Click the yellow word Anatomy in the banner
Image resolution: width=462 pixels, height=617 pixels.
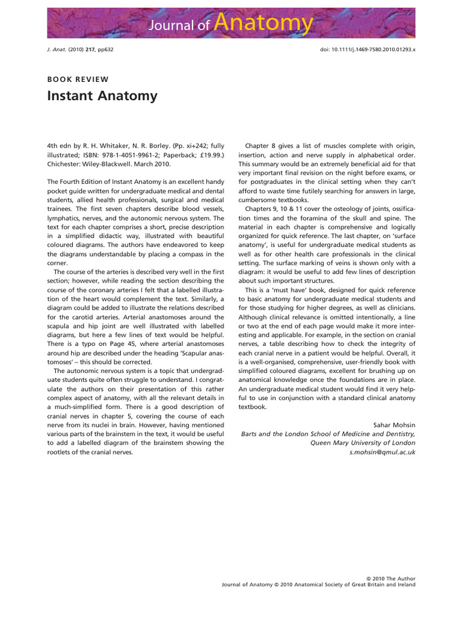pos(263,23)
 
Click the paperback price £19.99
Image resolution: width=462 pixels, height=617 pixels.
pos(210,154)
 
